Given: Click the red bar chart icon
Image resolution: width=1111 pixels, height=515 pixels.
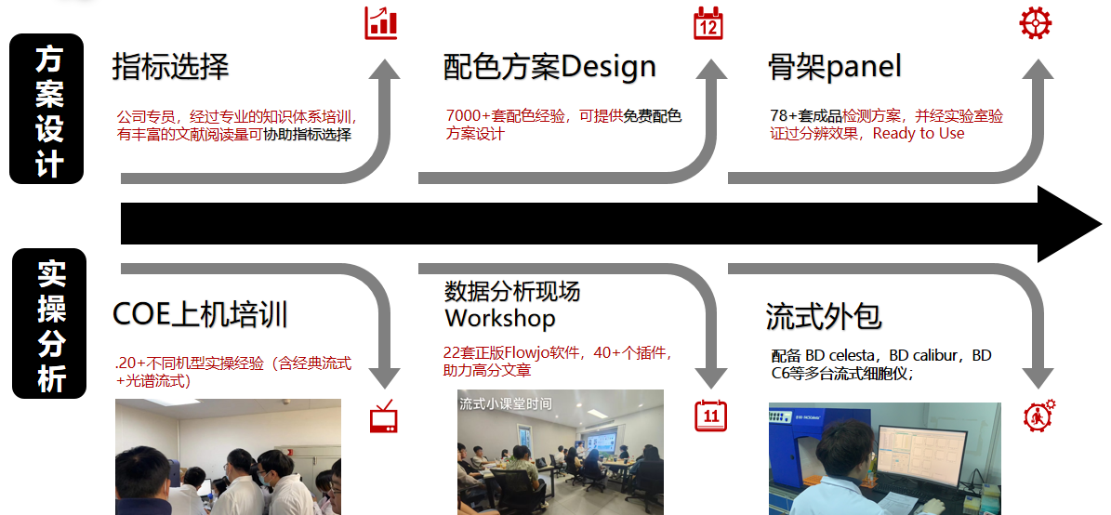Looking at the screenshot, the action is click(x=380, y=23).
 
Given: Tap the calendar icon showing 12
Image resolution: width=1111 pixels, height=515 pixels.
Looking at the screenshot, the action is click(x=708, y=22).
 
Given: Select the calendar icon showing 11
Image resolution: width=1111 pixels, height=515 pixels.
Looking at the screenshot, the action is click(x=710, y=416).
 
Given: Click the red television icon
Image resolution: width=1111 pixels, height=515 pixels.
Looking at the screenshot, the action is click(x=384, y=416).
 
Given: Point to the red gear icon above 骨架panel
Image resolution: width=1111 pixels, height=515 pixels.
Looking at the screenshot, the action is click(x=1035, y=22).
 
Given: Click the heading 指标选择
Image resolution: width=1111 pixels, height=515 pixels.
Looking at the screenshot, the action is click(x=171, y=67).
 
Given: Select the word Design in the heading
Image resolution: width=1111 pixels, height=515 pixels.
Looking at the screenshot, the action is click(x=608, y=67).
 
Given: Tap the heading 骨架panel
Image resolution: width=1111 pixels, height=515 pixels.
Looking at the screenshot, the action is click(x=835, y=67).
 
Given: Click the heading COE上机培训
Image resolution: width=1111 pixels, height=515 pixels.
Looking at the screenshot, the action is click(x=201, y=314).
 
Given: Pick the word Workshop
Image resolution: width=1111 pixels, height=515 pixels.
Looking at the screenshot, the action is click(x=499, y=318).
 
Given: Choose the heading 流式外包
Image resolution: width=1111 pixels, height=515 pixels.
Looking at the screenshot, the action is click(x=824, y=317).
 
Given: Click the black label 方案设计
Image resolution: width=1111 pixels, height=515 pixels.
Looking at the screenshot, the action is click(x=46, y=109).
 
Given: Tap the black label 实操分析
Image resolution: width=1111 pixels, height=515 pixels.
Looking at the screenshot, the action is click(x=49, y=323).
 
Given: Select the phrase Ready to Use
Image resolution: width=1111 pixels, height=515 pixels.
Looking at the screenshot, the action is click(x=919, y=133).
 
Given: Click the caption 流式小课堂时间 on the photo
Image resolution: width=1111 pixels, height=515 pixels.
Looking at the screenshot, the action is click(x=505, y=403).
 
